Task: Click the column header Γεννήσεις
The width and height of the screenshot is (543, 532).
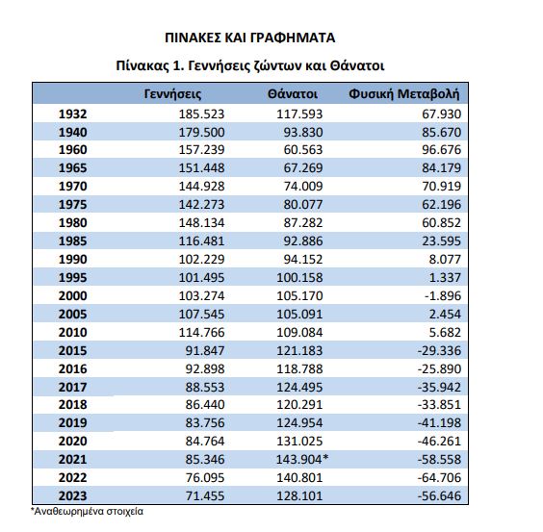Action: coord(172,94)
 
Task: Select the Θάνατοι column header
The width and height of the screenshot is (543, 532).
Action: coord(293,94)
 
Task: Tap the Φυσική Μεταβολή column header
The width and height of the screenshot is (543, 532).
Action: coord(404,94)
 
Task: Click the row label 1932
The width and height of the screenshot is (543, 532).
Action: coord(73,114)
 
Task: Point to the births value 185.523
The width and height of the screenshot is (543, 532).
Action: coord(201,114)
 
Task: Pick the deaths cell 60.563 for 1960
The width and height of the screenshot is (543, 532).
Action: coord(303,149)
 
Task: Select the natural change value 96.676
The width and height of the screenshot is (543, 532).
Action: coord(442,149)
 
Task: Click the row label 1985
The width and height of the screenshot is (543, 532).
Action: coord(73,241)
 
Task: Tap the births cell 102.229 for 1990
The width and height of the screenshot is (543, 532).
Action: coord(201,259)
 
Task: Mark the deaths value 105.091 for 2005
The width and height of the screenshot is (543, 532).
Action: coord(299,315)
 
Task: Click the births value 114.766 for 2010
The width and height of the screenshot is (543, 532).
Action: coord(201,332)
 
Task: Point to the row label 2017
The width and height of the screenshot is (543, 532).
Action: coord(73,387)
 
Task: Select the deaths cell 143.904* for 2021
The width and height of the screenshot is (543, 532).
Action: coord(302,459)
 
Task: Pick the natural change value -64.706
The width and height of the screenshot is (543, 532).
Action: coord(439,478)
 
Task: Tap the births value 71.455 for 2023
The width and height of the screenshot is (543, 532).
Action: coord(205,495)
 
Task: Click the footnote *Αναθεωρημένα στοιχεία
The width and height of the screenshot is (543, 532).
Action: coord(87,511)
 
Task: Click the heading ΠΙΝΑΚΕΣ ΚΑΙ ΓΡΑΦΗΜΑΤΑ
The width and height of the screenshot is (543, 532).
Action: coord(250,38)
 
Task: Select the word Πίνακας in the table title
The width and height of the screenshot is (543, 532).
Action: coord(142,65)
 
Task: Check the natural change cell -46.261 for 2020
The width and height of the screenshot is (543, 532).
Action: coord(439,441)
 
